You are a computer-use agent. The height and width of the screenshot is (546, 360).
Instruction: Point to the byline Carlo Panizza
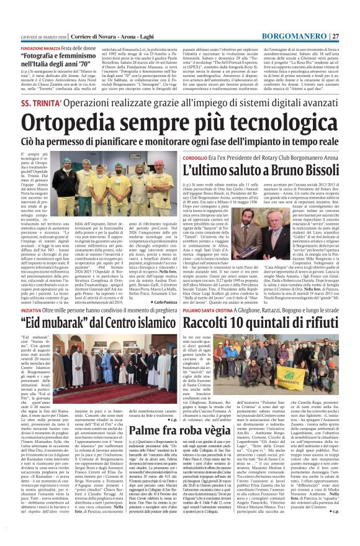[x=170, y=301]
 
